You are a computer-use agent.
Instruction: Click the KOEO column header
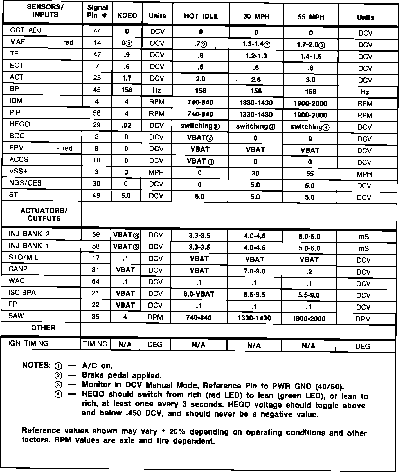(x=127, y=16)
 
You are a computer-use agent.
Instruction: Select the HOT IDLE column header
(x=201, y=16)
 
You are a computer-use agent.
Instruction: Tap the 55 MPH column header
(x=311, y=17)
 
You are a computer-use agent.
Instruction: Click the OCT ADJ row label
(x=26, y=30)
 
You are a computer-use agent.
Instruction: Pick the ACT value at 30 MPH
(x=256, y=79)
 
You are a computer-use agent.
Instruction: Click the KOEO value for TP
(x=127, y=55)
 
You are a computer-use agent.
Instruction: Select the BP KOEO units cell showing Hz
(x=157, y=90)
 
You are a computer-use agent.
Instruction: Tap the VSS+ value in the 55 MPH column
(x=310, y=173)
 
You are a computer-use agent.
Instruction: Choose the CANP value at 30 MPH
(x=255, y=271)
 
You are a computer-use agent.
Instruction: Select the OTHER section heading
(x=43, y=328)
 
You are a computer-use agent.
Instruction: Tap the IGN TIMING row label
(x=28, y=343)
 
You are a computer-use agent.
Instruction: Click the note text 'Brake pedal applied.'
(x=122, y=375)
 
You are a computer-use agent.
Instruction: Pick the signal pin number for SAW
(x=96, y=317)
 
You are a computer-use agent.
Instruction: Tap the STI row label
(x=15, y=195)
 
